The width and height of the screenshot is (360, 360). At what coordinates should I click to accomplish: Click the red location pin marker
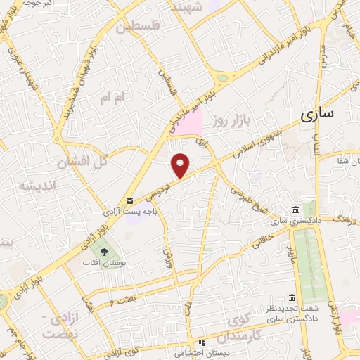click(181, 165)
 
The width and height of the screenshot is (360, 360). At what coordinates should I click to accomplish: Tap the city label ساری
click(319, 115)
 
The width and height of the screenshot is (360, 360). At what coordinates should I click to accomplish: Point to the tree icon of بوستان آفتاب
click(104, 250)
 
